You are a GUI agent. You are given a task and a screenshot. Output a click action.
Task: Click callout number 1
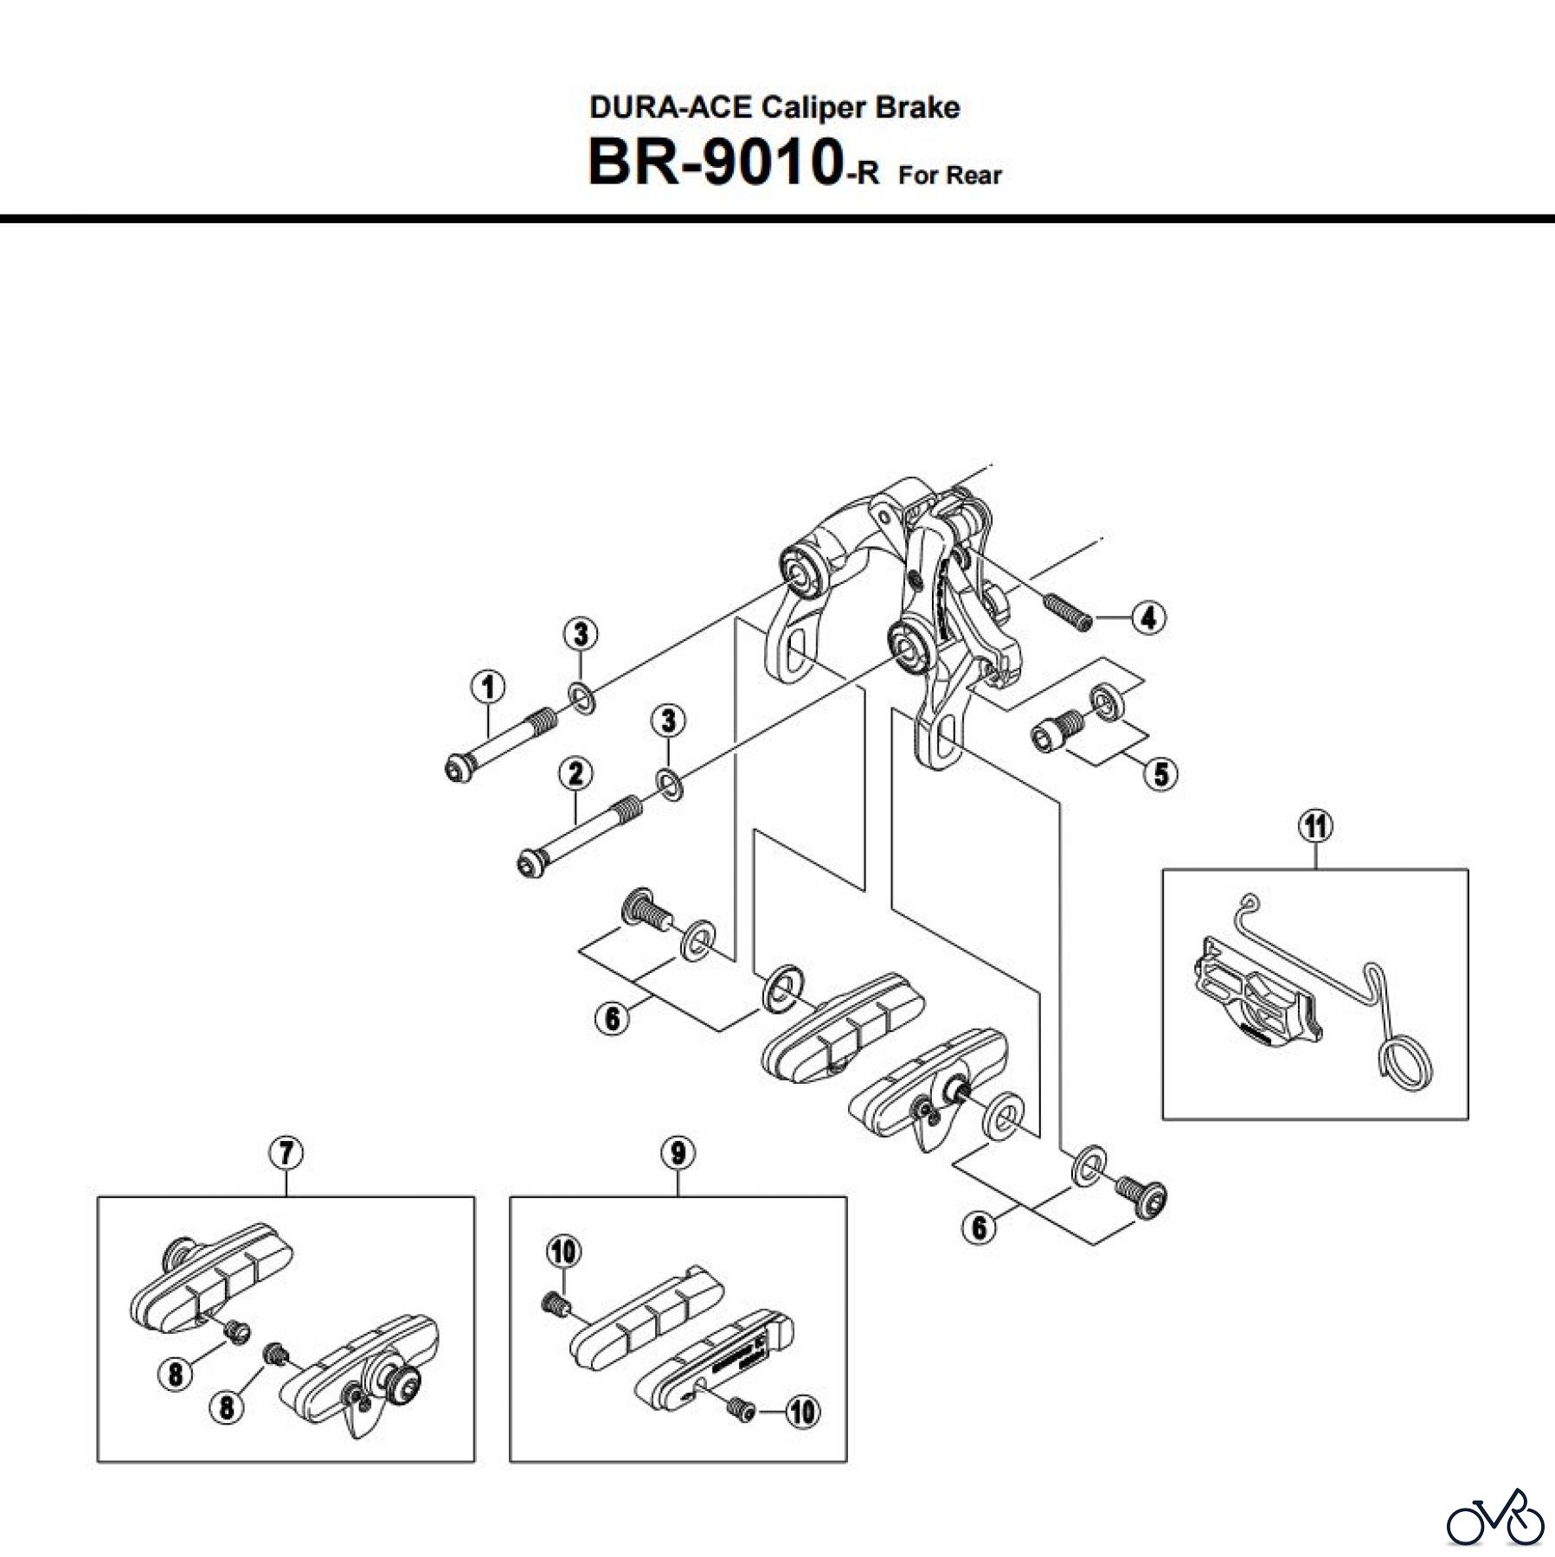[489, 688]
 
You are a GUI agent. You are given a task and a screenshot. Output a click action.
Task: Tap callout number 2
[575, 773]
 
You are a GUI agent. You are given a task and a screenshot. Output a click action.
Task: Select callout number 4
[1148, 618]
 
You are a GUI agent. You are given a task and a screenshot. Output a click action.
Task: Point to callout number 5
[1160, 773]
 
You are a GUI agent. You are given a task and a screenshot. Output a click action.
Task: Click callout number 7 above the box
[286, 1153]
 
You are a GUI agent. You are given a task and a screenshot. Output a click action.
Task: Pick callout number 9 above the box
[678, 1153]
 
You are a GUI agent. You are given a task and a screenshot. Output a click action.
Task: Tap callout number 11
[1314, 827]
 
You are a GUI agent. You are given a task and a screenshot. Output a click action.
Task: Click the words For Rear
[949, 175]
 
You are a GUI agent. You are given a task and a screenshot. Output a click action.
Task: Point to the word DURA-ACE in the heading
[671, 107]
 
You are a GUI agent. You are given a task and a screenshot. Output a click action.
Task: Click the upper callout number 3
[581, 635]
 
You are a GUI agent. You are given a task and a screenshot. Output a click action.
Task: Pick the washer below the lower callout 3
[670, 785]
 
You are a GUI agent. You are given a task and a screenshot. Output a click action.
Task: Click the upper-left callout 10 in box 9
[563, 1252]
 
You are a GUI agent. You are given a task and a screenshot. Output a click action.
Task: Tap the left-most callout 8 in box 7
[176, 1373]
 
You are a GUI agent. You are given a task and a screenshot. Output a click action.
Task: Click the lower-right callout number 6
[979, 1227]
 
